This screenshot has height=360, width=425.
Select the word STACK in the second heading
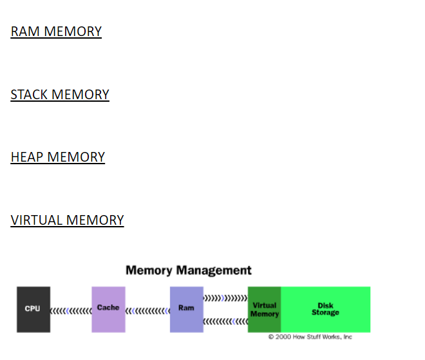click(29, 95)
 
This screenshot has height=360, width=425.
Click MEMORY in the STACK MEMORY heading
click(80, 95)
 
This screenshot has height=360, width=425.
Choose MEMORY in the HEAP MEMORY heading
click(76, 157)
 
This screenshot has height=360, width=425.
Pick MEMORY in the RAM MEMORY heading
click(73, 32)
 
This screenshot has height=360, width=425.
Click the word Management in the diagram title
click(214, 270)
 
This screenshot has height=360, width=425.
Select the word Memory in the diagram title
click(149, 270)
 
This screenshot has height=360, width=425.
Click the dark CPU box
click(33, 309)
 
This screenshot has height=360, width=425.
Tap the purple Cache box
click(108, 309)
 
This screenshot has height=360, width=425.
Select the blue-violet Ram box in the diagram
click(186, 309)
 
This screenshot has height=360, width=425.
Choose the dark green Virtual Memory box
click(264, 309)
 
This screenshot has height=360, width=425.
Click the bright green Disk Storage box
click(325, 309)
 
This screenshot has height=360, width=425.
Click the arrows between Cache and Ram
click(147, 310)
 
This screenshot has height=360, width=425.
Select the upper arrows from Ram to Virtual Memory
click(225, 298)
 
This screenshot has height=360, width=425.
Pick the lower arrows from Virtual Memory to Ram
click(225, 321)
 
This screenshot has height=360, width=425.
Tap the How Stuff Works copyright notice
click(310, 337)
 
